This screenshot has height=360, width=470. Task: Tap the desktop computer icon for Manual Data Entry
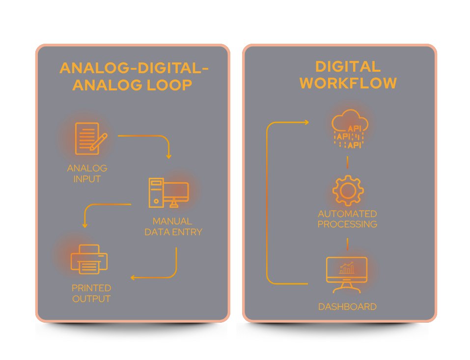[168, 192]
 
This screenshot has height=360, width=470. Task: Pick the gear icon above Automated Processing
[348, 190]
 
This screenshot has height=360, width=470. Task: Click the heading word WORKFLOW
[348, 83]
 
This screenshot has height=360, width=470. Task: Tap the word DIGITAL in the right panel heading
[348, 66]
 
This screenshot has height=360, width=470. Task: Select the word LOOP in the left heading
[169, 85]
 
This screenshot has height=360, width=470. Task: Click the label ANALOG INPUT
[87, 173]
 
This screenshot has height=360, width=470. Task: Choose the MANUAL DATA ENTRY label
[173, 226]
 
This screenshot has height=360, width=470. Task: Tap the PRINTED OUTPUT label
[91, 293]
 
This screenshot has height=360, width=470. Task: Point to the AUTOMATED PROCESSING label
[347, 219]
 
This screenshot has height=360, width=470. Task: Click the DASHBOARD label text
[347, 307]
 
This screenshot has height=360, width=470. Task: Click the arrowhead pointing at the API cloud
[306, 122]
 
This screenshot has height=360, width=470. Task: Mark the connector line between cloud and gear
[347, 162]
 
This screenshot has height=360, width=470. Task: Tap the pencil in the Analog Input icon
[100, 140]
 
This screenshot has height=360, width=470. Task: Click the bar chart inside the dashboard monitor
[347, 269]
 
